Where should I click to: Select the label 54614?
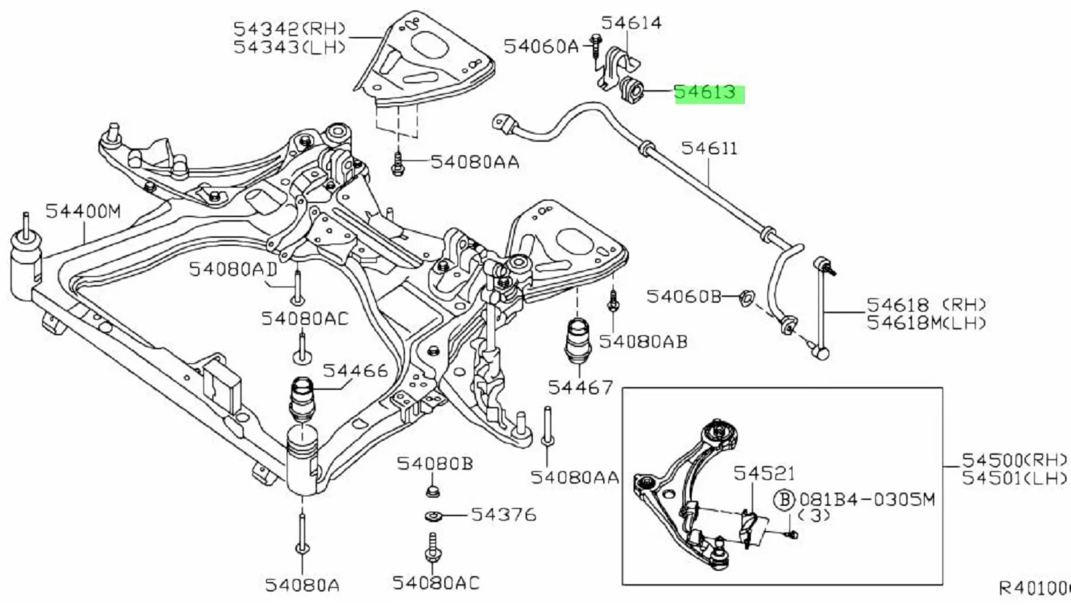(631, 22)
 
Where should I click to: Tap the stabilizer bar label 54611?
(709, 148)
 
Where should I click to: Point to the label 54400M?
(84, 211)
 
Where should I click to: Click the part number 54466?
(356, 371)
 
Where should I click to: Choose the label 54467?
(580, 388)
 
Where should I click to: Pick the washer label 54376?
(504, 515)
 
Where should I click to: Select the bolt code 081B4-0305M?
(867, 500)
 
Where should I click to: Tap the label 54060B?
(684, 297)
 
